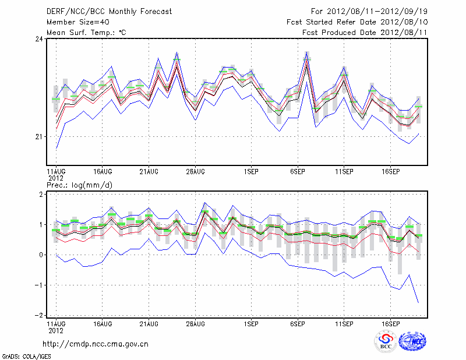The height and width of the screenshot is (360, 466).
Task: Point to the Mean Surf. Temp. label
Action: [x=86, y=32]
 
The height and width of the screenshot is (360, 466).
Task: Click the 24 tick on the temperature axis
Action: [x=39, y=39]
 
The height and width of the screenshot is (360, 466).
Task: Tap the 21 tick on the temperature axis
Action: [x=39, y=136]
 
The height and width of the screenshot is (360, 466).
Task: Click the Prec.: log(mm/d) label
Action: [x=80, y=185]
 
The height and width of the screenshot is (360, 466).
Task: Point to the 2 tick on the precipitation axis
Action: [x=41, y=194]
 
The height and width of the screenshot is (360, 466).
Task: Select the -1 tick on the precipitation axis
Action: [x=39, y=285]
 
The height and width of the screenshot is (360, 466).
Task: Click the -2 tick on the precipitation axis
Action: [x=39, y=315]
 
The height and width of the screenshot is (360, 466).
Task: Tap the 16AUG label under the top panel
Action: [x=103, y=171]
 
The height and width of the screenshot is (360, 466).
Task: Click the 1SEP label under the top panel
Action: [x=251, y=171]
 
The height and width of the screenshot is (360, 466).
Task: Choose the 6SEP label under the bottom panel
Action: [x=298, y=323]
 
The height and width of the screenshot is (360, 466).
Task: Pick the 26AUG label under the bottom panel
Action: [x=195, y=323]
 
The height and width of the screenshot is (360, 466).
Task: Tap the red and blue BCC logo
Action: [x=385, y=342]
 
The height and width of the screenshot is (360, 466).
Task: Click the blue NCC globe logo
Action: [x=413, y=342]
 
